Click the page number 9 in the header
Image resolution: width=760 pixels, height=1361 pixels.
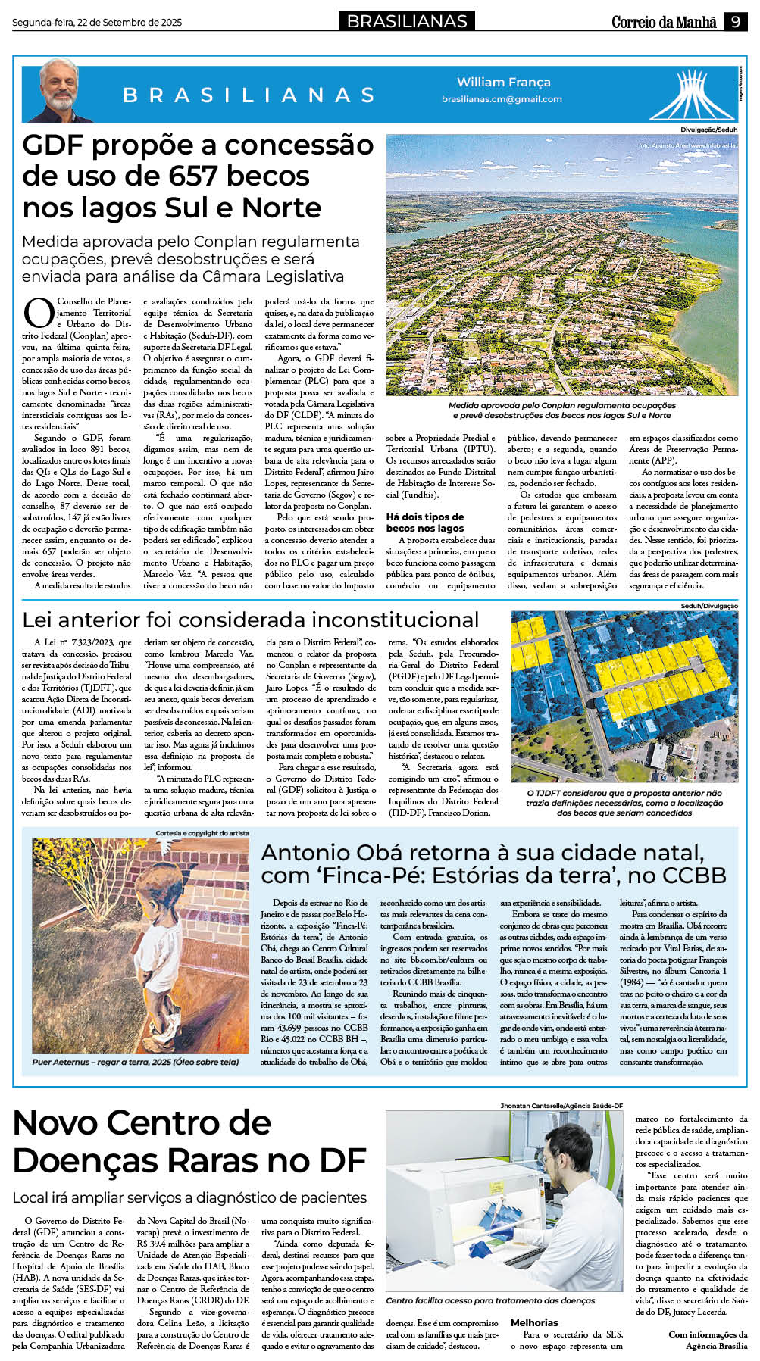pyautogui.click(x=735, y=21)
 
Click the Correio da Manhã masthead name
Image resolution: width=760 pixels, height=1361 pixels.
pyautogui.click(x=664, y=22)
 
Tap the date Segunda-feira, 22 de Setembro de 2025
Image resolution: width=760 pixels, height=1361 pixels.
pyautogui.click(x=97, y=23)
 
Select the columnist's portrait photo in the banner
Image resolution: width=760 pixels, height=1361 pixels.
pyautogui.click(x=60, y=92)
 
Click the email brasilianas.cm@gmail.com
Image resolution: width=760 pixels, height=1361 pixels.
pyautogui.click(x=502, y=99)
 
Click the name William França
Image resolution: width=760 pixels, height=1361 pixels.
pyautogui.click(x=503, y=82)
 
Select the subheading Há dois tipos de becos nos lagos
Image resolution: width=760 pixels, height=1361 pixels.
pyautogui.click(x=424, y=523)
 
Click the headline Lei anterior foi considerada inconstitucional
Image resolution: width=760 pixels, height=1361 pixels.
pyautogui.click(x=250, y=620)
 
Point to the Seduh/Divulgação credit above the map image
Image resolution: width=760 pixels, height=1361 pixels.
pyautogui.click(x=708, y=606)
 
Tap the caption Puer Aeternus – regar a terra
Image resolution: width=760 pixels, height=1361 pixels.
pyautogui.click(x=135, y=1062)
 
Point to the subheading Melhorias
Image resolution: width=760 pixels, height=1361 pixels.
pyautogui.click(x=534, y=1322)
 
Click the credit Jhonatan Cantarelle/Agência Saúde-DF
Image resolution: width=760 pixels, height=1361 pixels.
pyautogui.click(x=561, y=1106)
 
